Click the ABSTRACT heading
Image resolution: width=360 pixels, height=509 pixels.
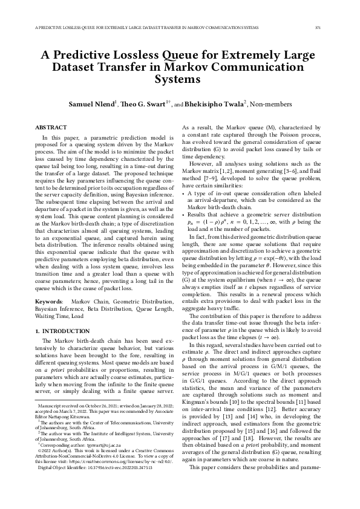tap(51, 128)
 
